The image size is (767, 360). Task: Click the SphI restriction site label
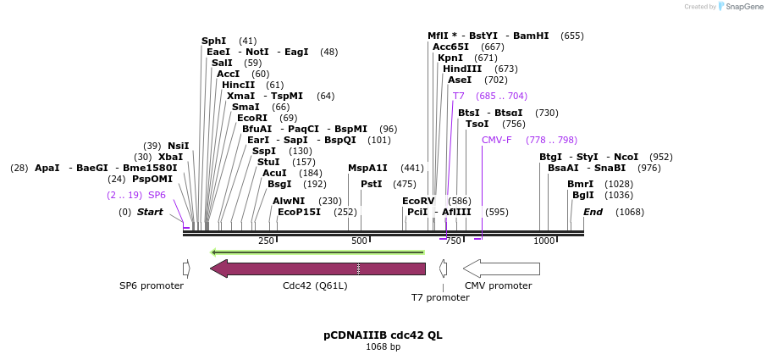point(214,41)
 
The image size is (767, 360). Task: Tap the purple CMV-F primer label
point(496,140)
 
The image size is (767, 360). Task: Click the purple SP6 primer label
point(157,195)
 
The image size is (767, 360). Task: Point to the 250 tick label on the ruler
point(267,241)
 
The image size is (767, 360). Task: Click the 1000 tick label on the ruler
point(544,241)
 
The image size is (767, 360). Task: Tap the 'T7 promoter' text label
point(440,297)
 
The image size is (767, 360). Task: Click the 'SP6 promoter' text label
point(152,285)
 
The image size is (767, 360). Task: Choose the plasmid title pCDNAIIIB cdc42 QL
point(383,335)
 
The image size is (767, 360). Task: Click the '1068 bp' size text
point(383,346)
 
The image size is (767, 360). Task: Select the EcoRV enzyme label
point(418,201)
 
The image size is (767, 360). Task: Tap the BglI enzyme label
point(583,195)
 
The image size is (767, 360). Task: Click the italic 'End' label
point(593,212)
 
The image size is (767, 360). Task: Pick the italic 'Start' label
point(150,212)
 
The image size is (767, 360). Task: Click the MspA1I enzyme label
point(367,168)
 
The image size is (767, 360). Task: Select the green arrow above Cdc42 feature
point(317,252)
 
